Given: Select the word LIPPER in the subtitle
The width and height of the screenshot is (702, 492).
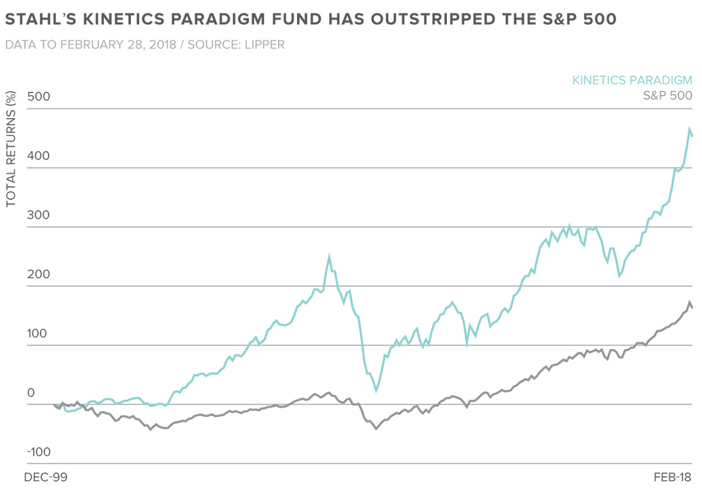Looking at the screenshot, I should pos(265,45).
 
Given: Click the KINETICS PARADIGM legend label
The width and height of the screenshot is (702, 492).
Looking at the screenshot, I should pos(632,80).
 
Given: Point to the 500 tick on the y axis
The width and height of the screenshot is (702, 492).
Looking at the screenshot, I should pos(39,97).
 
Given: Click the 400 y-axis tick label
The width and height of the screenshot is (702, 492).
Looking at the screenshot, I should pos(39,156).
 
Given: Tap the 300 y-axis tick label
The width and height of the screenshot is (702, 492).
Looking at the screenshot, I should pos(39,215).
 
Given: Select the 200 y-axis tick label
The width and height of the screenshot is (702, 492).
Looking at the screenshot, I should pos(39,275).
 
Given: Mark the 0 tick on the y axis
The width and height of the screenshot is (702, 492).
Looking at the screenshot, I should pos(30,393).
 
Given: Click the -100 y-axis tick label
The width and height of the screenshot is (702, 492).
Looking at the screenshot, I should pos(39,452).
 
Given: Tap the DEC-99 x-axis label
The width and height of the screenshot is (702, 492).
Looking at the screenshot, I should pos(45,477).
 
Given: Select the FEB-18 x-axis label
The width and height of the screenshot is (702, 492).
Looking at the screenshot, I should pos(673,477).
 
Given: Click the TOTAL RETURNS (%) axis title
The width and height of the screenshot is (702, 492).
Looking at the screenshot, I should pos(11,150).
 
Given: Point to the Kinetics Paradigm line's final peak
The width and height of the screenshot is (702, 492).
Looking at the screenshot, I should pos(689,128).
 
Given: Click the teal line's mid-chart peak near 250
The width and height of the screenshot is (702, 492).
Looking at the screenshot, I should pos(329,256).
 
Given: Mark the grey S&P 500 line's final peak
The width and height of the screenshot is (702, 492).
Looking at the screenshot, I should pos(689,302).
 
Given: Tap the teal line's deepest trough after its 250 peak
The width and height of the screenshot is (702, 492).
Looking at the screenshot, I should pos(375,390).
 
